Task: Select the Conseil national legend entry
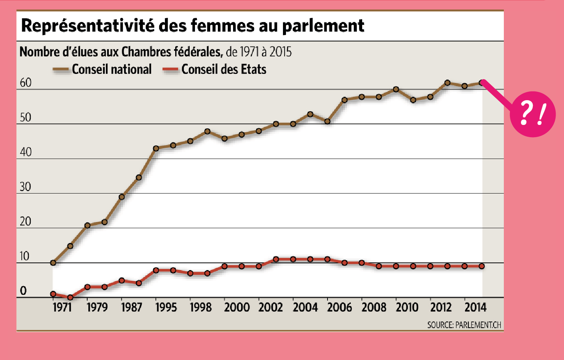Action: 111,69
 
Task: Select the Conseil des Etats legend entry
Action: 224,69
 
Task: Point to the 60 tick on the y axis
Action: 26,83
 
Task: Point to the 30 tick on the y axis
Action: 26,187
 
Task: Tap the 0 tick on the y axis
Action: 23,291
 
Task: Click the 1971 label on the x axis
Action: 62,307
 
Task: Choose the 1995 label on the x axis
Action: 166,307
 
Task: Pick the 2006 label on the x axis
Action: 339,307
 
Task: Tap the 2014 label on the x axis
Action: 475,307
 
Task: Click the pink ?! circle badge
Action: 532,114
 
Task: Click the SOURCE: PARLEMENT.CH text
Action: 464,325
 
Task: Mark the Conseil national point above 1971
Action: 53,263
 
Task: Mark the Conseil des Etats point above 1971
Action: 53,294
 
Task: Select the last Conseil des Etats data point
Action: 482,266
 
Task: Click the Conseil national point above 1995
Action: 156,149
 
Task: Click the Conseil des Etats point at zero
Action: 70,298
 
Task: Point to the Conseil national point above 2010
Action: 396,90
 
